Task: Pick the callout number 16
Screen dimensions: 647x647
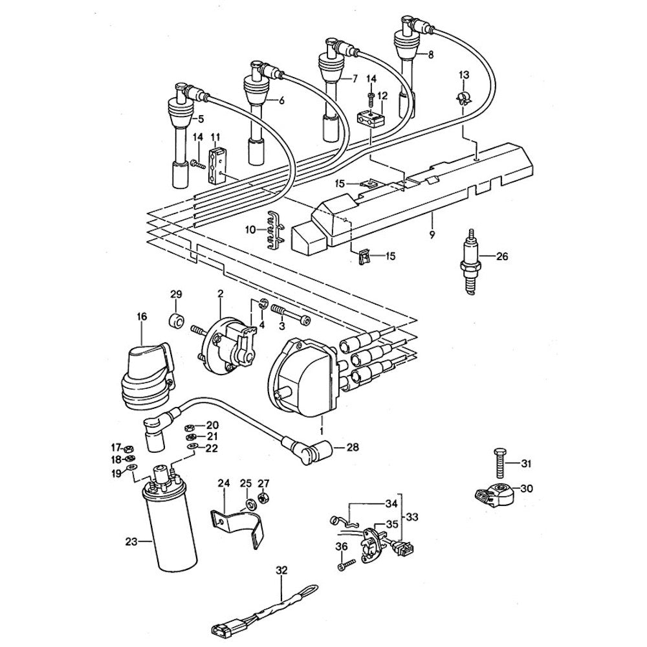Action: pos(142,316)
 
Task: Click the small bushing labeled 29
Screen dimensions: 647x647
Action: pos(175,319)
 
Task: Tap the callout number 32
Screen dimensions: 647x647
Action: pos(280,571)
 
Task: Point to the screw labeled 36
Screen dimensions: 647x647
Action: pos(344,565)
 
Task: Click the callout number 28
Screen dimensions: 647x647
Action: pos(352,447)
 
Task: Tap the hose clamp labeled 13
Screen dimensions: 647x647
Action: pos(463,98)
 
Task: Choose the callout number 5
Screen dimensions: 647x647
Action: pos(200,119)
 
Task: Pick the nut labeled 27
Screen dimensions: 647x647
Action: pos(263,498)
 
